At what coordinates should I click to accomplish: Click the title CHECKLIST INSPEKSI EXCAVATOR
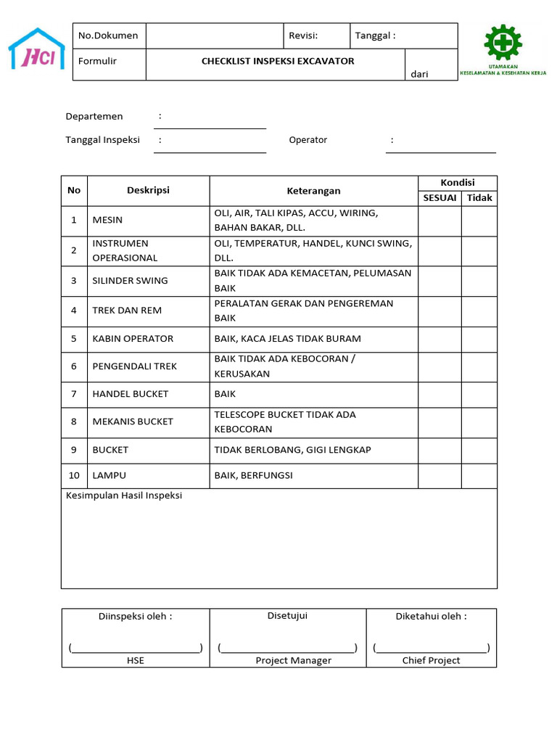278,62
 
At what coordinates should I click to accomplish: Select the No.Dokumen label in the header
108,36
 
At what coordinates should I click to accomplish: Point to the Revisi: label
303,36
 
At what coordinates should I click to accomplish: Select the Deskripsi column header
148,191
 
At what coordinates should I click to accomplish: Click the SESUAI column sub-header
440,198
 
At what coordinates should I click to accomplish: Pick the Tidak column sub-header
479,198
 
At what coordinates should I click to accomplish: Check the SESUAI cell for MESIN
440,221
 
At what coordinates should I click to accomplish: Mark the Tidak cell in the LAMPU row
479,476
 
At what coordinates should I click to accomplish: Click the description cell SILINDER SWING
130,281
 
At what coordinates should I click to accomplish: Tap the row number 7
74,394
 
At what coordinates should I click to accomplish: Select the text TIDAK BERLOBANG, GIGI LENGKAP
292,450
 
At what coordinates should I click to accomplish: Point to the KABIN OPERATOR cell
133,339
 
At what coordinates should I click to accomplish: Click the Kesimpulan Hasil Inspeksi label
124,496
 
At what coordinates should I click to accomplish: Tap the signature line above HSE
136,647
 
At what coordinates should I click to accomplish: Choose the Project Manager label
293,660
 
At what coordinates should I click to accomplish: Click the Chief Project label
431,660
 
